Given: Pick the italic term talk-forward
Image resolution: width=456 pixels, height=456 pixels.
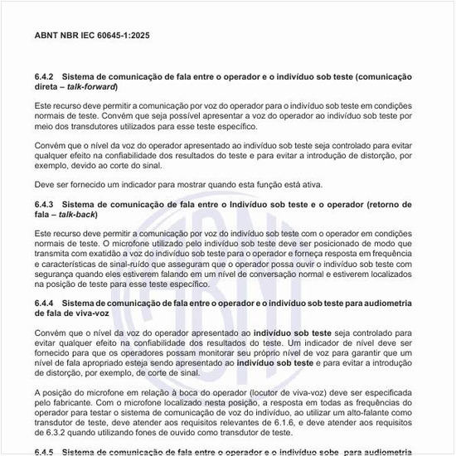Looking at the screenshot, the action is click(93, 86).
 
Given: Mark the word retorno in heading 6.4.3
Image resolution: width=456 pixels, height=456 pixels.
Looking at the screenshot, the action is click(376, 203).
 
